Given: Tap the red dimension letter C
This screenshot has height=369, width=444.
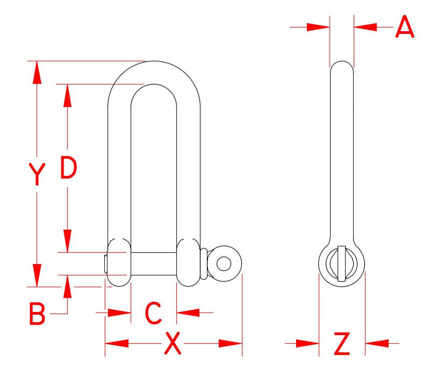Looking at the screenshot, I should [154, 313].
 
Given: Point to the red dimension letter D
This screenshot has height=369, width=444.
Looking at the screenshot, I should [68, 168].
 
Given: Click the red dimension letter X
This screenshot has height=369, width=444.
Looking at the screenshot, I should [172, 344].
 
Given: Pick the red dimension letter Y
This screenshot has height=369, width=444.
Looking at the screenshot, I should [37, 174].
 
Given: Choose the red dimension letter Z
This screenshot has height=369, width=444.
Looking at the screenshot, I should [342, 344].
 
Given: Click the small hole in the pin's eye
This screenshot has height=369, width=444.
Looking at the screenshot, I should [224, 264].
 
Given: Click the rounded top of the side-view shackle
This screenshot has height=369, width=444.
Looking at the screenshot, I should [341, 66].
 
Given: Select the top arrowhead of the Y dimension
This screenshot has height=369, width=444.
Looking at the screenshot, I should [37, 72].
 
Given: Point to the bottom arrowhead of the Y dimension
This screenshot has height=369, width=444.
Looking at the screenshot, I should [37, 275].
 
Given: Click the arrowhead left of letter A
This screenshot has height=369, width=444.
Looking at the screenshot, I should [318, 26].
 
